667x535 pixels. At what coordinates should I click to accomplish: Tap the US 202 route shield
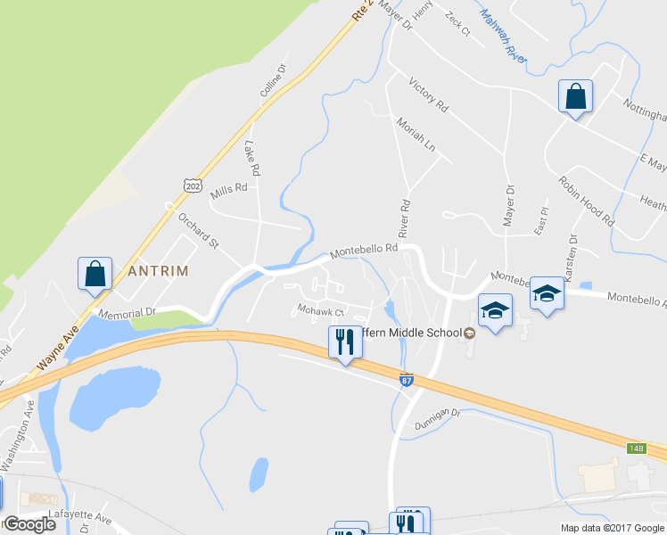pos(191,185)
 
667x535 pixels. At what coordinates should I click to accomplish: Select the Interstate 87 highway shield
pos(408,380)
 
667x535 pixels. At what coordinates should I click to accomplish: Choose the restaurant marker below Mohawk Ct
pos(344,343)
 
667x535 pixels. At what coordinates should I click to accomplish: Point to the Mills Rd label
pos(228,191)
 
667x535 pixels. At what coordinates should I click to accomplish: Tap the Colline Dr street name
pos(273,80)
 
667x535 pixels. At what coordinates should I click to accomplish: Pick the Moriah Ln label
pos(416,134)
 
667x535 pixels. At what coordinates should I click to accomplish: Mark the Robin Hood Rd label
pos(587,200)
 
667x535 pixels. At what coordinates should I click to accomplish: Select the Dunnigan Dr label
pos(436,416)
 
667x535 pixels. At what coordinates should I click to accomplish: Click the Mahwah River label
pos(503,36)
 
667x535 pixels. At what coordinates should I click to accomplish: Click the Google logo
pos(29,524)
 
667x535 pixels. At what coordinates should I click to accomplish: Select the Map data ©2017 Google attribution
pos(611,528)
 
